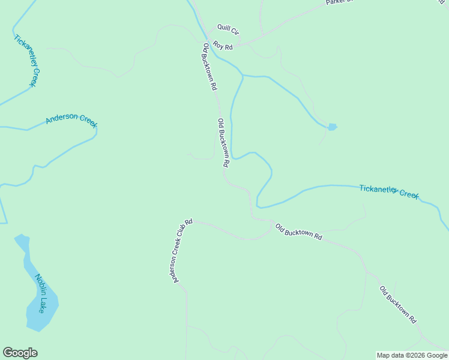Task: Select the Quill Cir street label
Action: tap(228, 29)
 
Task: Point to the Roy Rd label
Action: tap(222, 45)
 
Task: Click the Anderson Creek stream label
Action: tap(71, 119)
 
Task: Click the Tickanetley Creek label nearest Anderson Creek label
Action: tap(27, 60)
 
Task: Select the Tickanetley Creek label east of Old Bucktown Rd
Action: tap(389, 191)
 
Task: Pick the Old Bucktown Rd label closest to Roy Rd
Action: tap(209, 66)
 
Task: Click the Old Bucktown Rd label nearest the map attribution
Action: tap(398, 305)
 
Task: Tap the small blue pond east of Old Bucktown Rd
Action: tap(332, 127)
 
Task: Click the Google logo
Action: tap(20, 353)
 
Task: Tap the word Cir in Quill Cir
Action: tap(235, 32)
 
